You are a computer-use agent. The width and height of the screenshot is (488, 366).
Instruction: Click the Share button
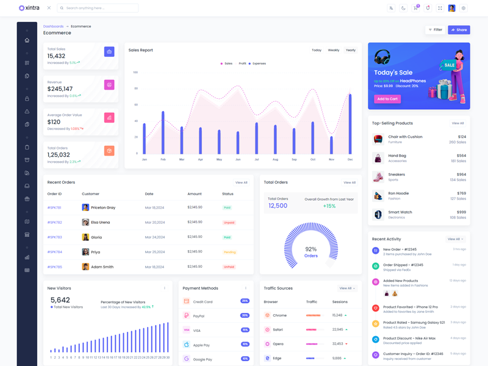tap(459, 30)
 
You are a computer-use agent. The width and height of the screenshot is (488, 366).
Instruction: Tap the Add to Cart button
tap(387, 99)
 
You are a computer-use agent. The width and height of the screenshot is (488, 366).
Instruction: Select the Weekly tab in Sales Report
tap(333, 50)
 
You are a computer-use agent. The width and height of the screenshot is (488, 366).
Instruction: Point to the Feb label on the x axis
tap(163, 159)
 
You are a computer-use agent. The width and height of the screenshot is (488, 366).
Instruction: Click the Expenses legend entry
tap(257, 63)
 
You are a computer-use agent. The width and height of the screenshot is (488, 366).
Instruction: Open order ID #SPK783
tap(55, 237)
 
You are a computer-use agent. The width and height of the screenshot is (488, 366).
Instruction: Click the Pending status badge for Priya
tap(229, 252)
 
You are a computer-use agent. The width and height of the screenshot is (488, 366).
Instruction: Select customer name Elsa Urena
tap(101, 223)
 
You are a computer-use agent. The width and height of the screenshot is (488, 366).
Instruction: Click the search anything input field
tap(101, 8)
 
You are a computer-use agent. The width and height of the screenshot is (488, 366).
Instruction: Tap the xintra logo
tap(29, 8)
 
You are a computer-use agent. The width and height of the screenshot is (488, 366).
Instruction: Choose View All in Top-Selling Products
tap(457, 123)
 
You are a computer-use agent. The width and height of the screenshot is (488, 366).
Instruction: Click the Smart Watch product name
tap(400, 212)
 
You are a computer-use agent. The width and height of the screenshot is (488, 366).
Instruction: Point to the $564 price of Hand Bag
tap(461, 156)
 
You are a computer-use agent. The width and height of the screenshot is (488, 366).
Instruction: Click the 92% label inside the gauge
tap(310, 249)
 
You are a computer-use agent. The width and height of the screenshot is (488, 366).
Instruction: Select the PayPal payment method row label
tap(199, 316)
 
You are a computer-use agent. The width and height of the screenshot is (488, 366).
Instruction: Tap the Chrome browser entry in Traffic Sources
tap(280, 315)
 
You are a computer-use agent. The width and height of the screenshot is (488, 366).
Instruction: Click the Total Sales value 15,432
tap(57, 56)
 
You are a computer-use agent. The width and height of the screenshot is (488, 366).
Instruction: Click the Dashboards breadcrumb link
tap(53, 26)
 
